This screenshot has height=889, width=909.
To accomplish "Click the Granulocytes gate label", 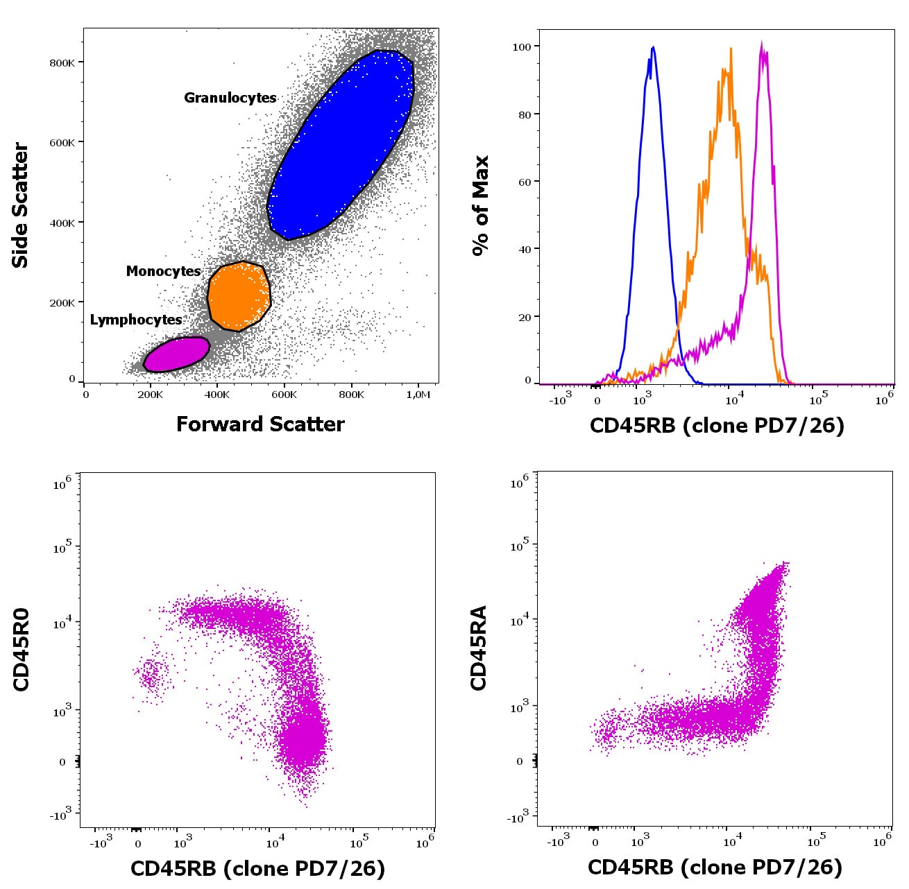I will [x=230, y=98].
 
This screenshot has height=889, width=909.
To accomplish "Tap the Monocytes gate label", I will [x=163, y=271].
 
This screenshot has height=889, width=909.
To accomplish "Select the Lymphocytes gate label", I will [x=136, y=320].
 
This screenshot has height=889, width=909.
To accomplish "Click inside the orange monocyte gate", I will [x=239, y=297].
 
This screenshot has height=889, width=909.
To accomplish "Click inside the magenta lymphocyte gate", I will [x=176, y=354].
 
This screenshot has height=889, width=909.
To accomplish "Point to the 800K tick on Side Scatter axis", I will [x=62, y=62].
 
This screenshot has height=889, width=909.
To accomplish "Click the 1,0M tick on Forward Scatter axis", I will [x=418, y=395].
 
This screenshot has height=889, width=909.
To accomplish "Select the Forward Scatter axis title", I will [x=260, y=424].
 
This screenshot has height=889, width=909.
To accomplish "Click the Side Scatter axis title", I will [x=20, y=205].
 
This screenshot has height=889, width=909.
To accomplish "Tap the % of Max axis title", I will [x=480, y=205].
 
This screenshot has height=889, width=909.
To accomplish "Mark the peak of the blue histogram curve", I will [x=654, y=47].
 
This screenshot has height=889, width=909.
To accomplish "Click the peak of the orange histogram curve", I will [x=731, y=49].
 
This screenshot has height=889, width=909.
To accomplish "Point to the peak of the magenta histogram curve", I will [x=762, y=43].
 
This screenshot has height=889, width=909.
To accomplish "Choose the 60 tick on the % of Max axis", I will [x=525, y=182].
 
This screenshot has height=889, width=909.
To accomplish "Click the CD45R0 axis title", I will [x=21, y=649].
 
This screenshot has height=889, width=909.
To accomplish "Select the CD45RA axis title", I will [x=479, y=648].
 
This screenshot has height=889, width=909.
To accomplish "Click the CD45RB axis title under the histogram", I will [x=717, y=424].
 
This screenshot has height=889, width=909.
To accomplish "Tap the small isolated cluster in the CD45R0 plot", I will [x=151, y=674].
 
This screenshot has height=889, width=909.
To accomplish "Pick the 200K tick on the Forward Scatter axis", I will [x=150, y=395].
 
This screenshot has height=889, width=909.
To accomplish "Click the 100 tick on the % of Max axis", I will [x=522, y=46].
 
